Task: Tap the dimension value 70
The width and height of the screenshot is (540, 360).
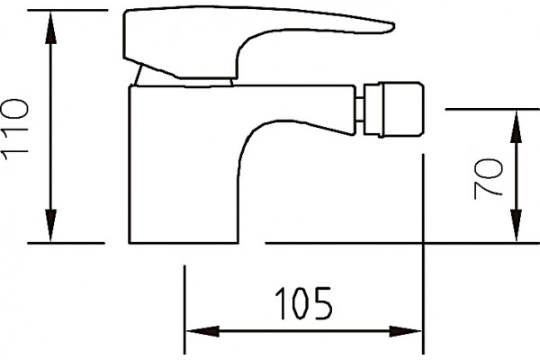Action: pyautogui.click(x=488, y=178)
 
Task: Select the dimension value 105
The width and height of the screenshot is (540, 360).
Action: pyautogui.click(x=303, y=303)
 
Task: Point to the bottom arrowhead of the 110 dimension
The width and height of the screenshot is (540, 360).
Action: pyautogui.click(x=50, y=225)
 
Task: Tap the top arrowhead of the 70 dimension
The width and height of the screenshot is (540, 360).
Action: pyautogui.click(x=516, y=126)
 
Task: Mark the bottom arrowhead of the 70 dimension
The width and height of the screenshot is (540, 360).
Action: pyautogui.click(x=516, y=226)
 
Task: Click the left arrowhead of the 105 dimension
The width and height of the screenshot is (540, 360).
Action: pyautogui.click(x=202, y=331)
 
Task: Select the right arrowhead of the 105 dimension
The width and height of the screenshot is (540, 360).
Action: pyautogui.click(x=405, y=331)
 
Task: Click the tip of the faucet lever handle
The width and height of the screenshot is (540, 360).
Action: pyautogui.click(x=394, y=26)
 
